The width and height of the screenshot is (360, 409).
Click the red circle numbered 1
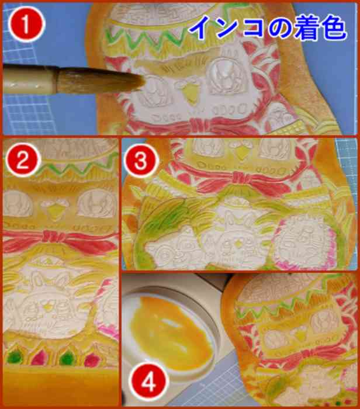point(27,25)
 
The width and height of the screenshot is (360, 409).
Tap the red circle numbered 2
point(23,160)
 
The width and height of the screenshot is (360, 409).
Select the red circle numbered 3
point(141,160)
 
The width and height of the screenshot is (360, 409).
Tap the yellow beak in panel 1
point(191,92)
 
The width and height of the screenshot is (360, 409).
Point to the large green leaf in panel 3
point(161,217)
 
